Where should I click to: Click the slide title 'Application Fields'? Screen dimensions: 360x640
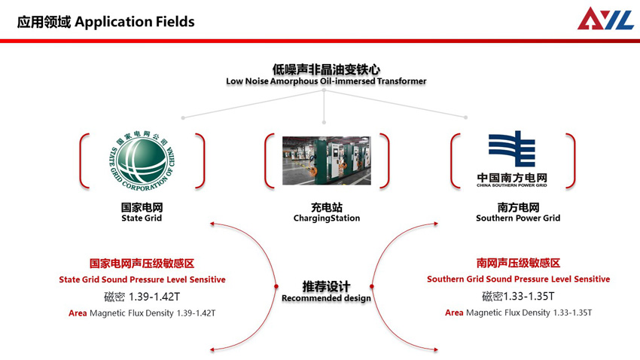135,21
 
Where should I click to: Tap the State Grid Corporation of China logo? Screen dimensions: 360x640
142,160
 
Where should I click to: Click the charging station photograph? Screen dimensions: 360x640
326,160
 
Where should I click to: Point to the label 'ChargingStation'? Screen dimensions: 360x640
327,218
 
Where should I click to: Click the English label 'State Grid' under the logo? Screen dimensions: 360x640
142,218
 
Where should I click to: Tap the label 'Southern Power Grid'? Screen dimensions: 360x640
518,218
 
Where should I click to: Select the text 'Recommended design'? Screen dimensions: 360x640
326,298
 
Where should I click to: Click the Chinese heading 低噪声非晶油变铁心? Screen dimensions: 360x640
326,69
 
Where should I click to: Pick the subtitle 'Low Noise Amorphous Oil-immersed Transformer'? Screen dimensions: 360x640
326,81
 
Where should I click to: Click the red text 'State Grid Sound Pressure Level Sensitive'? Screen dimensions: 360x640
142,279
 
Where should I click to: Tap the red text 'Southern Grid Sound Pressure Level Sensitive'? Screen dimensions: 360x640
518,279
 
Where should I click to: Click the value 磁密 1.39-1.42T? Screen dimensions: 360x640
142,296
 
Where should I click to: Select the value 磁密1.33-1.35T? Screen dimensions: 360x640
518,296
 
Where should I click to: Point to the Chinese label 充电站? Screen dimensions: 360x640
327,206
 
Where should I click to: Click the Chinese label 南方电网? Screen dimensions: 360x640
518,206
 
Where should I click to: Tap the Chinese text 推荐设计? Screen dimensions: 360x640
326,286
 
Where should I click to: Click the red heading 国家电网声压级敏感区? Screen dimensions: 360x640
142,264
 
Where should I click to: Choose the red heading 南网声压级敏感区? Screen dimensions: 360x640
518,264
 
